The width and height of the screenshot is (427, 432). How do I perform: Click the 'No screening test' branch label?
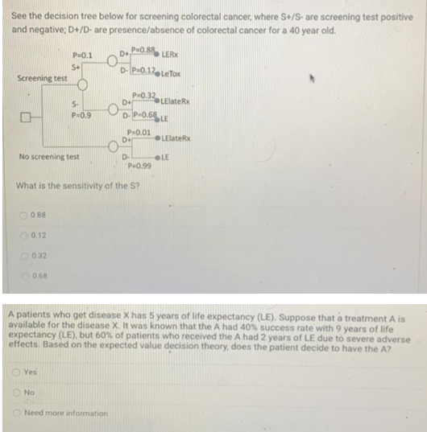pyautogui.click(x=50, y=155)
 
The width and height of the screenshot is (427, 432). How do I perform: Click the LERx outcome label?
pyautogui.click(x=171, y=55)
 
